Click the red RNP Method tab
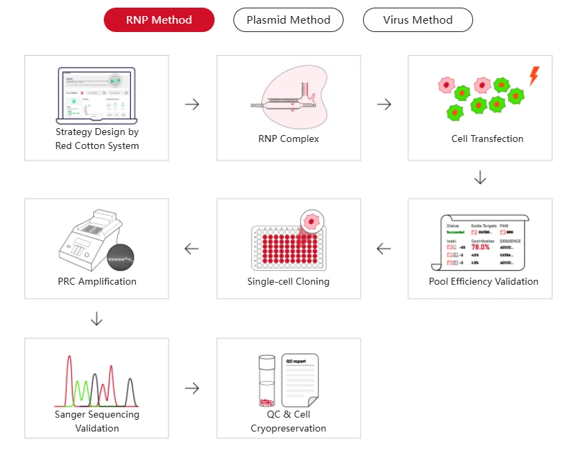[159, 20]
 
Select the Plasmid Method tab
[288, 20]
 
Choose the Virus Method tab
[417, 20]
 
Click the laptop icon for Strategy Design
[97, 95]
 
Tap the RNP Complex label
[288, 139]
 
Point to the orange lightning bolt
[534, 76]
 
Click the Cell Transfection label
[487, 139]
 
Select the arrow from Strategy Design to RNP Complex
[192, 104]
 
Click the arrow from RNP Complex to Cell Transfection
[384, 104]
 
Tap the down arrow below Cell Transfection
[480, 178]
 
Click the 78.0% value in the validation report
[481, 247]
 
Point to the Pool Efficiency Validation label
[484, 282]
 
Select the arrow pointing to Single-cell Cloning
[384, 248]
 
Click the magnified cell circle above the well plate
[312, 221]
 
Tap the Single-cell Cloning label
[288, 282]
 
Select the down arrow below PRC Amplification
[97, 319]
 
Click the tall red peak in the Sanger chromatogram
[70, 379]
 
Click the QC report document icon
[300, 381]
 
